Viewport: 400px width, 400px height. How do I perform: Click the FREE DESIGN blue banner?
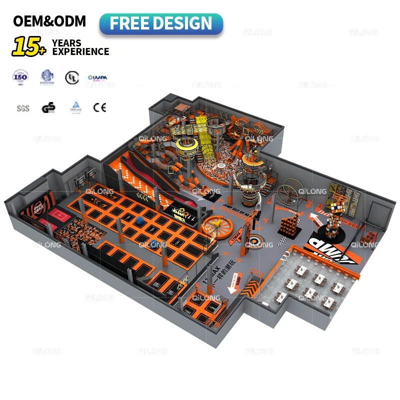(x=160, y=23)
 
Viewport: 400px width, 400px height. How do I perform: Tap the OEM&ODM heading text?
(x=49, y=21)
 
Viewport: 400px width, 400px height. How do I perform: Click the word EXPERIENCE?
(x=80, y=51)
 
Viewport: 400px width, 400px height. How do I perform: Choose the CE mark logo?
(x=99, y=106)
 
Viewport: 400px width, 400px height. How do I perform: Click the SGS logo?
(x=22, y=107)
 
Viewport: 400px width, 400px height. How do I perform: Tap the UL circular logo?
(x=71, y=77)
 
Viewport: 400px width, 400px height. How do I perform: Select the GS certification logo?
(x=48, y=107)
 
